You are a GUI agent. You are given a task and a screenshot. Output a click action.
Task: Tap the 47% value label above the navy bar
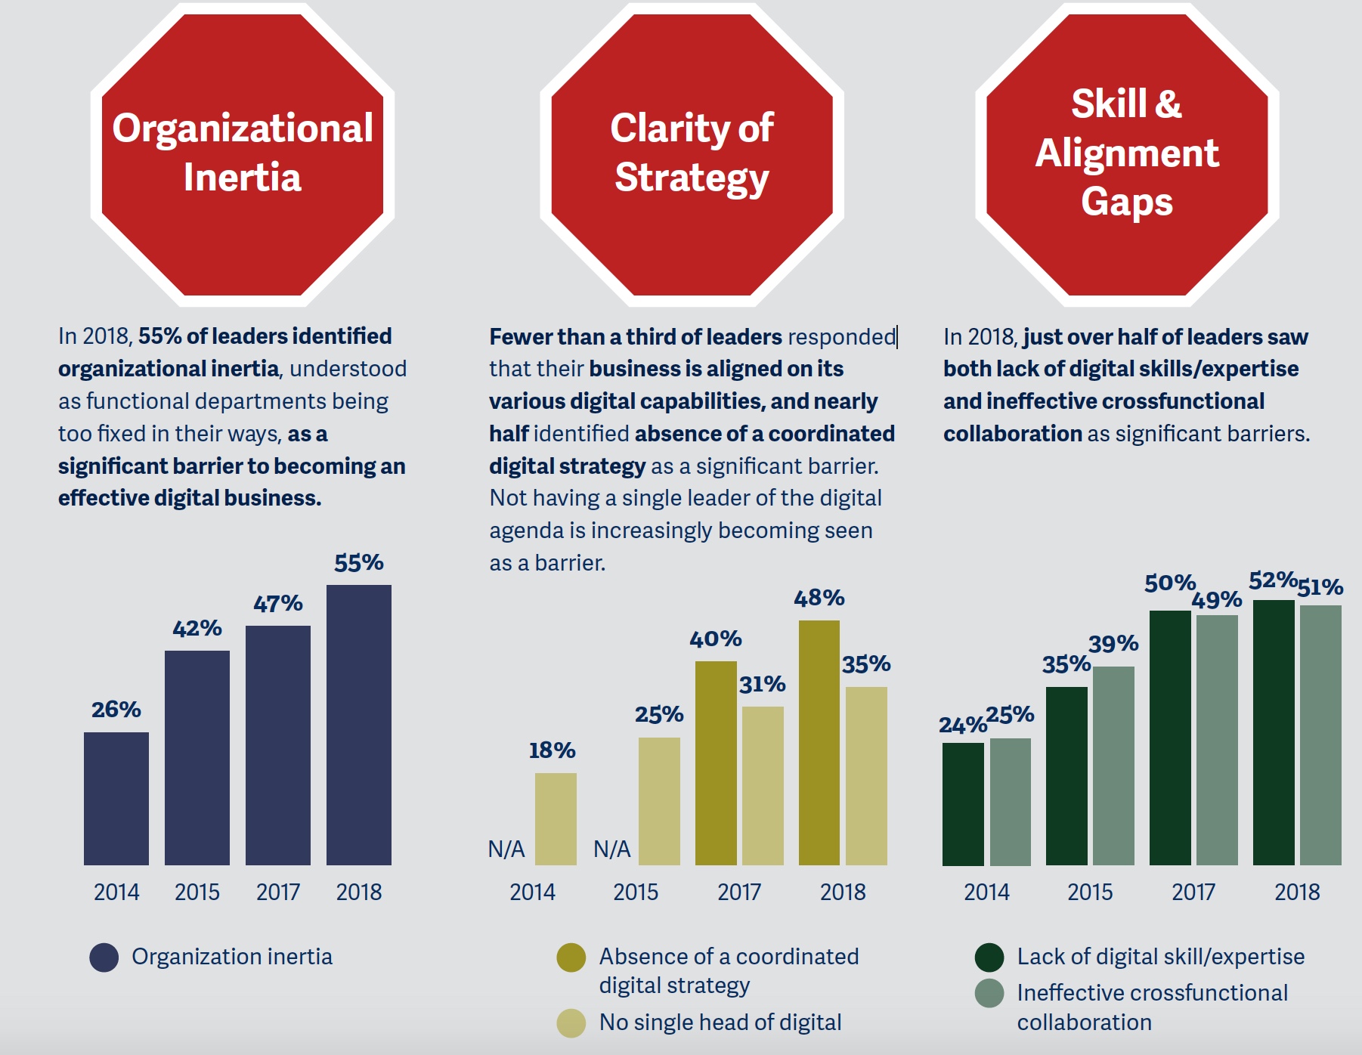(x=278, y=603)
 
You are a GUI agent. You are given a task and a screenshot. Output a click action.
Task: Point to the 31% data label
(x=762, y=684)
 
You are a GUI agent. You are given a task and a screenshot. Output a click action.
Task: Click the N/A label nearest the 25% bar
(x=611, y=849)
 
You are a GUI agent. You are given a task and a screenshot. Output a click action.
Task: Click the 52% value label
(x=1272, y=580)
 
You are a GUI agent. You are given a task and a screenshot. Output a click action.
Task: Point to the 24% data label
(x=962, y=725)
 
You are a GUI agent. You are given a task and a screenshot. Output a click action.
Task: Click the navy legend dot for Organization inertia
(x=104, y=958)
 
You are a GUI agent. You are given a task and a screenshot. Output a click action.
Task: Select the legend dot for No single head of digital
(x=571, y=1023)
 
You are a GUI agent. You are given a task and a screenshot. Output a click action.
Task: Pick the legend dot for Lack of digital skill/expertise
(x=989, y=958)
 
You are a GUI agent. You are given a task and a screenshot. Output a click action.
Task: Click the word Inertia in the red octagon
(x=243, y=178)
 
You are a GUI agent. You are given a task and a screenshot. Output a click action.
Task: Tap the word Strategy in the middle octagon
(x=692, y=178)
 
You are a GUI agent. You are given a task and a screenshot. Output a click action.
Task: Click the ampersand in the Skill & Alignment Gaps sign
(x=1169, y=104)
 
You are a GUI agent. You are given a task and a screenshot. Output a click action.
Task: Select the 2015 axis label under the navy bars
(x=197, y=893)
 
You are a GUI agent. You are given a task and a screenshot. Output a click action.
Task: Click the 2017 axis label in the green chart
(x=1193, y=893)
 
